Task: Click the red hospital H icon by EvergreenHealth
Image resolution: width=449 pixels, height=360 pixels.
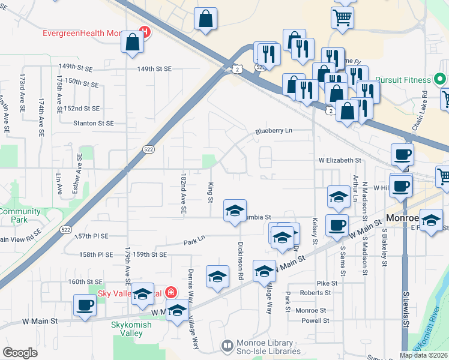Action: coord(145,32)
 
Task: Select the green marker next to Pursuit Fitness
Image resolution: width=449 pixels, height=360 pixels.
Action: coord(441,79)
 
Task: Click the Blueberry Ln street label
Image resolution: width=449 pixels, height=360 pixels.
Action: coord(273,130)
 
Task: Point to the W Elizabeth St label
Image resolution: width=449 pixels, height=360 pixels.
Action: coord(339,161)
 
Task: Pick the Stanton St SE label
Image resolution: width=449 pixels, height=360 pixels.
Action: coord(93,123)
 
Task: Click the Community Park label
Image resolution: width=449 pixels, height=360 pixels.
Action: coord(20,215)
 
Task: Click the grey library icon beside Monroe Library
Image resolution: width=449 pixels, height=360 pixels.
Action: coord(227,346)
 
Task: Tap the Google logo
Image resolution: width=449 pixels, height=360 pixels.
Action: coord(20,353)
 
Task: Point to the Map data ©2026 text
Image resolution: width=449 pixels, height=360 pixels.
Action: coord(423,355)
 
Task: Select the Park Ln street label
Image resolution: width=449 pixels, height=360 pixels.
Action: coord(194,239)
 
